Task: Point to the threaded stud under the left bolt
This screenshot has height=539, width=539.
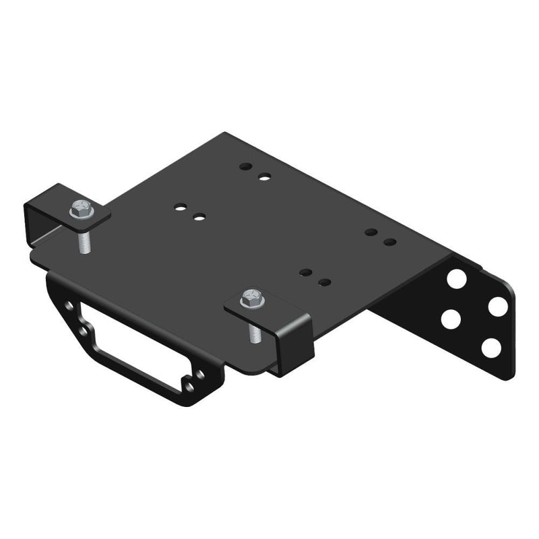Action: click(84, 240)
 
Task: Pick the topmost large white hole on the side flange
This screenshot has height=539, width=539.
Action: click(456, 278)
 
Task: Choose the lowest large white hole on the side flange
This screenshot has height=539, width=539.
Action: click(491, 348)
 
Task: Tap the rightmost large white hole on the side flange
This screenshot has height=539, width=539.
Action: click(498, 307)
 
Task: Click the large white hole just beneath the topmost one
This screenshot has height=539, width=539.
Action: click(450, 319)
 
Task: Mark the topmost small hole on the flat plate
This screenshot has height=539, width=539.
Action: click(246, 166)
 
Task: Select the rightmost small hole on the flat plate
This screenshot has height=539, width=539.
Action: click(389, 241)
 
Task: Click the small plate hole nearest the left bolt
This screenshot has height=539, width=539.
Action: click(180, 208)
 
